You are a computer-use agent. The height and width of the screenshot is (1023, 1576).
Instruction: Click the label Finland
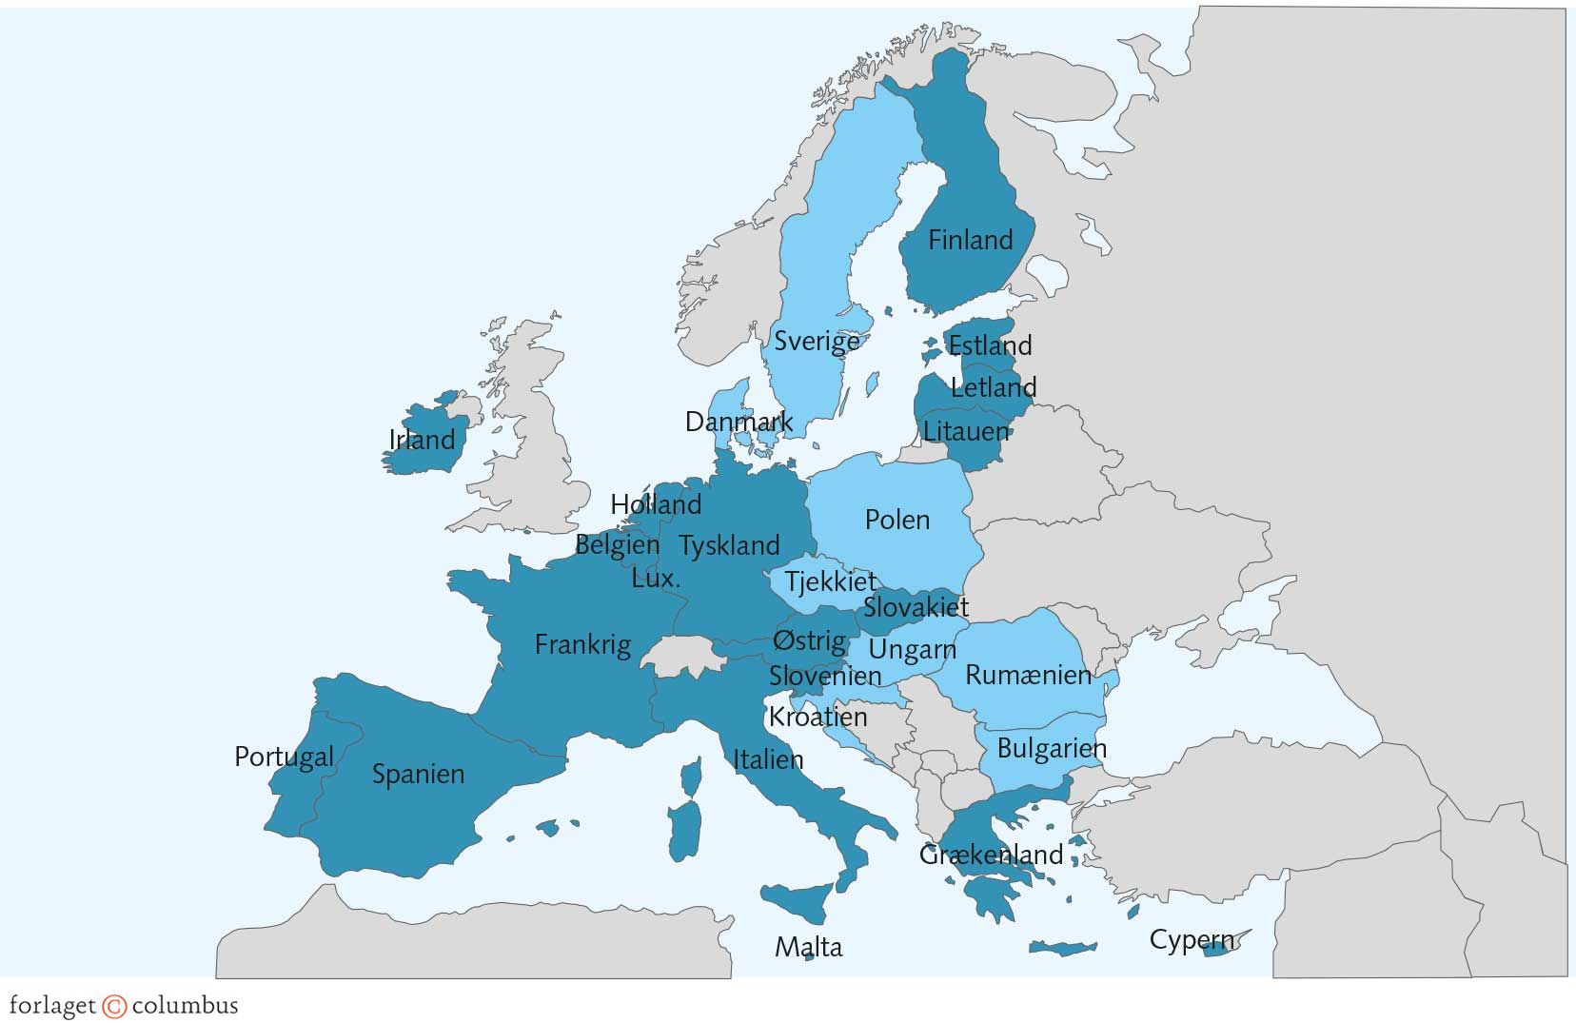click(x=970, y=240)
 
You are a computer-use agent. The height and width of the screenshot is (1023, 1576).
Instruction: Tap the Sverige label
click(x=816, y=341)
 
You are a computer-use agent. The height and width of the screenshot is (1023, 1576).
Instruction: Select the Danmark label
click(x=739, y=422)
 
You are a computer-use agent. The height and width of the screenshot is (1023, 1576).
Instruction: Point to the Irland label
click(x=422, y=440)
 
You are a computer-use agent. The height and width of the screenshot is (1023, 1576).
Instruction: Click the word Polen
click(x=896, y=520)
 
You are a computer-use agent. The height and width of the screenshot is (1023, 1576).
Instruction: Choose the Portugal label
click(x=284, y=757)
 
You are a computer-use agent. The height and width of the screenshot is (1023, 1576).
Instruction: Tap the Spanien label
click(x=418, y=774)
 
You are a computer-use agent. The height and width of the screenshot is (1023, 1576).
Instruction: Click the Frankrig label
click(x=582, y=644)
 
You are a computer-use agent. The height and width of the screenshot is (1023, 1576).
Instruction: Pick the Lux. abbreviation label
click(x=656, y=578)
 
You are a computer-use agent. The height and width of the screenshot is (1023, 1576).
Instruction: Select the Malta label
click(x=808, y=947)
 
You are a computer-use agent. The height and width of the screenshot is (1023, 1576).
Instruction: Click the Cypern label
click(x=1191, y=940)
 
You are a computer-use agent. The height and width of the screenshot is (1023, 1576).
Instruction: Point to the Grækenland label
click(x=991, y=855)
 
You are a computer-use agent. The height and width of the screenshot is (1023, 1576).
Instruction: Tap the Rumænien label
click(x=1028, y=676)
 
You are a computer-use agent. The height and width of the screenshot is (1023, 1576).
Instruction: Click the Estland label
click(x=990, y=344)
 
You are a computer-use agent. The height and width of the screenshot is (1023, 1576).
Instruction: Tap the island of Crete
click(x=1062, y=948)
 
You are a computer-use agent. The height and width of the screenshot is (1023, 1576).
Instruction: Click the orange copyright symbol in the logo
click(x=114, y=1006)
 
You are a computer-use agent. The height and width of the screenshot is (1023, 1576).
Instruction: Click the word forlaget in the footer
click(x=52, y=1006)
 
